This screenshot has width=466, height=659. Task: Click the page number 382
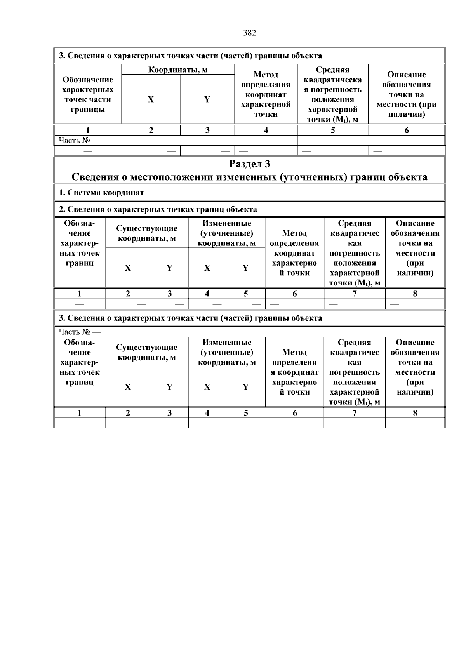(x=249, y=33)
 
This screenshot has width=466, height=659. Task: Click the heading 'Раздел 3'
(x=249, y=164)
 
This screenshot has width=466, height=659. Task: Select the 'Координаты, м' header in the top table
(x=178, y=70)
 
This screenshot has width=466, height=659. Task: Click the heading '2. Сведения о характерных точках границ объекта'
(x=158, y=209)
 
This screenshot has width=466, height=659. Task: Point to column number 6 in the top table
(x=406, y=130)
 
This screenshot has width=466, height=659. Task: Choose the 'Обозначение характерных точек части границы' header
(x=88, y=94)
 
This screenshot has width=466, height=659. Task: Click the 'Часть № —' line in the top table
(x=80, y=140)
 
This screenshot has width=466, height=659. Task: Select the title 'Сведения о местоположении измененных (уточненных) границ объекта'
(x=249, y=177)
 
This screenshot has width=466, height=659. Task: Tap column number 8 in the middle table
(x=415, y=294)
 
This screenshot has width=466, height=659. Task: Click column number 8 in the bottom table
(x=415, y=413)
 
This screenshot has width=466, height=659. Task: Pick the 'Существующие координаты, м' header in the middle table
(x=147, y=233)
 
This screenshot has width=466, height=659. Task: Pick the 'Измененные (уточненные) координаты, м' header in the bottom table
(x=227, y=353)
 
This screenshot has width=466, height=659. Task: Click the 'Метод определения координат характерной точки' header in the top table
(x=266, y=94)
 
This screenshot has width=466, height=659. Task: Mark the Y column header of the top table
(x=207, y=99)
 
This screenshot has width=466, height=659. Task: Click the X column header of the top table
(x=151, y=99)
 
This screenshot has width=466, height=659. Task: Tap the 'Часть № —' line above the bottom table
(x=80, y=332)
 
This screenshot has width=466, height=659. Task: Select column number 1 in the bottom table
(x=80, y=413)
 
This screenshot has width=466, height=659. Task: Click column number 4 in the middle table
(x=207, y=294)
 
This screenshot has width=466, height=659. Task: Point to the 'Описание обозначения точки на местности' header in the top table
(x=406, y=94)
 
